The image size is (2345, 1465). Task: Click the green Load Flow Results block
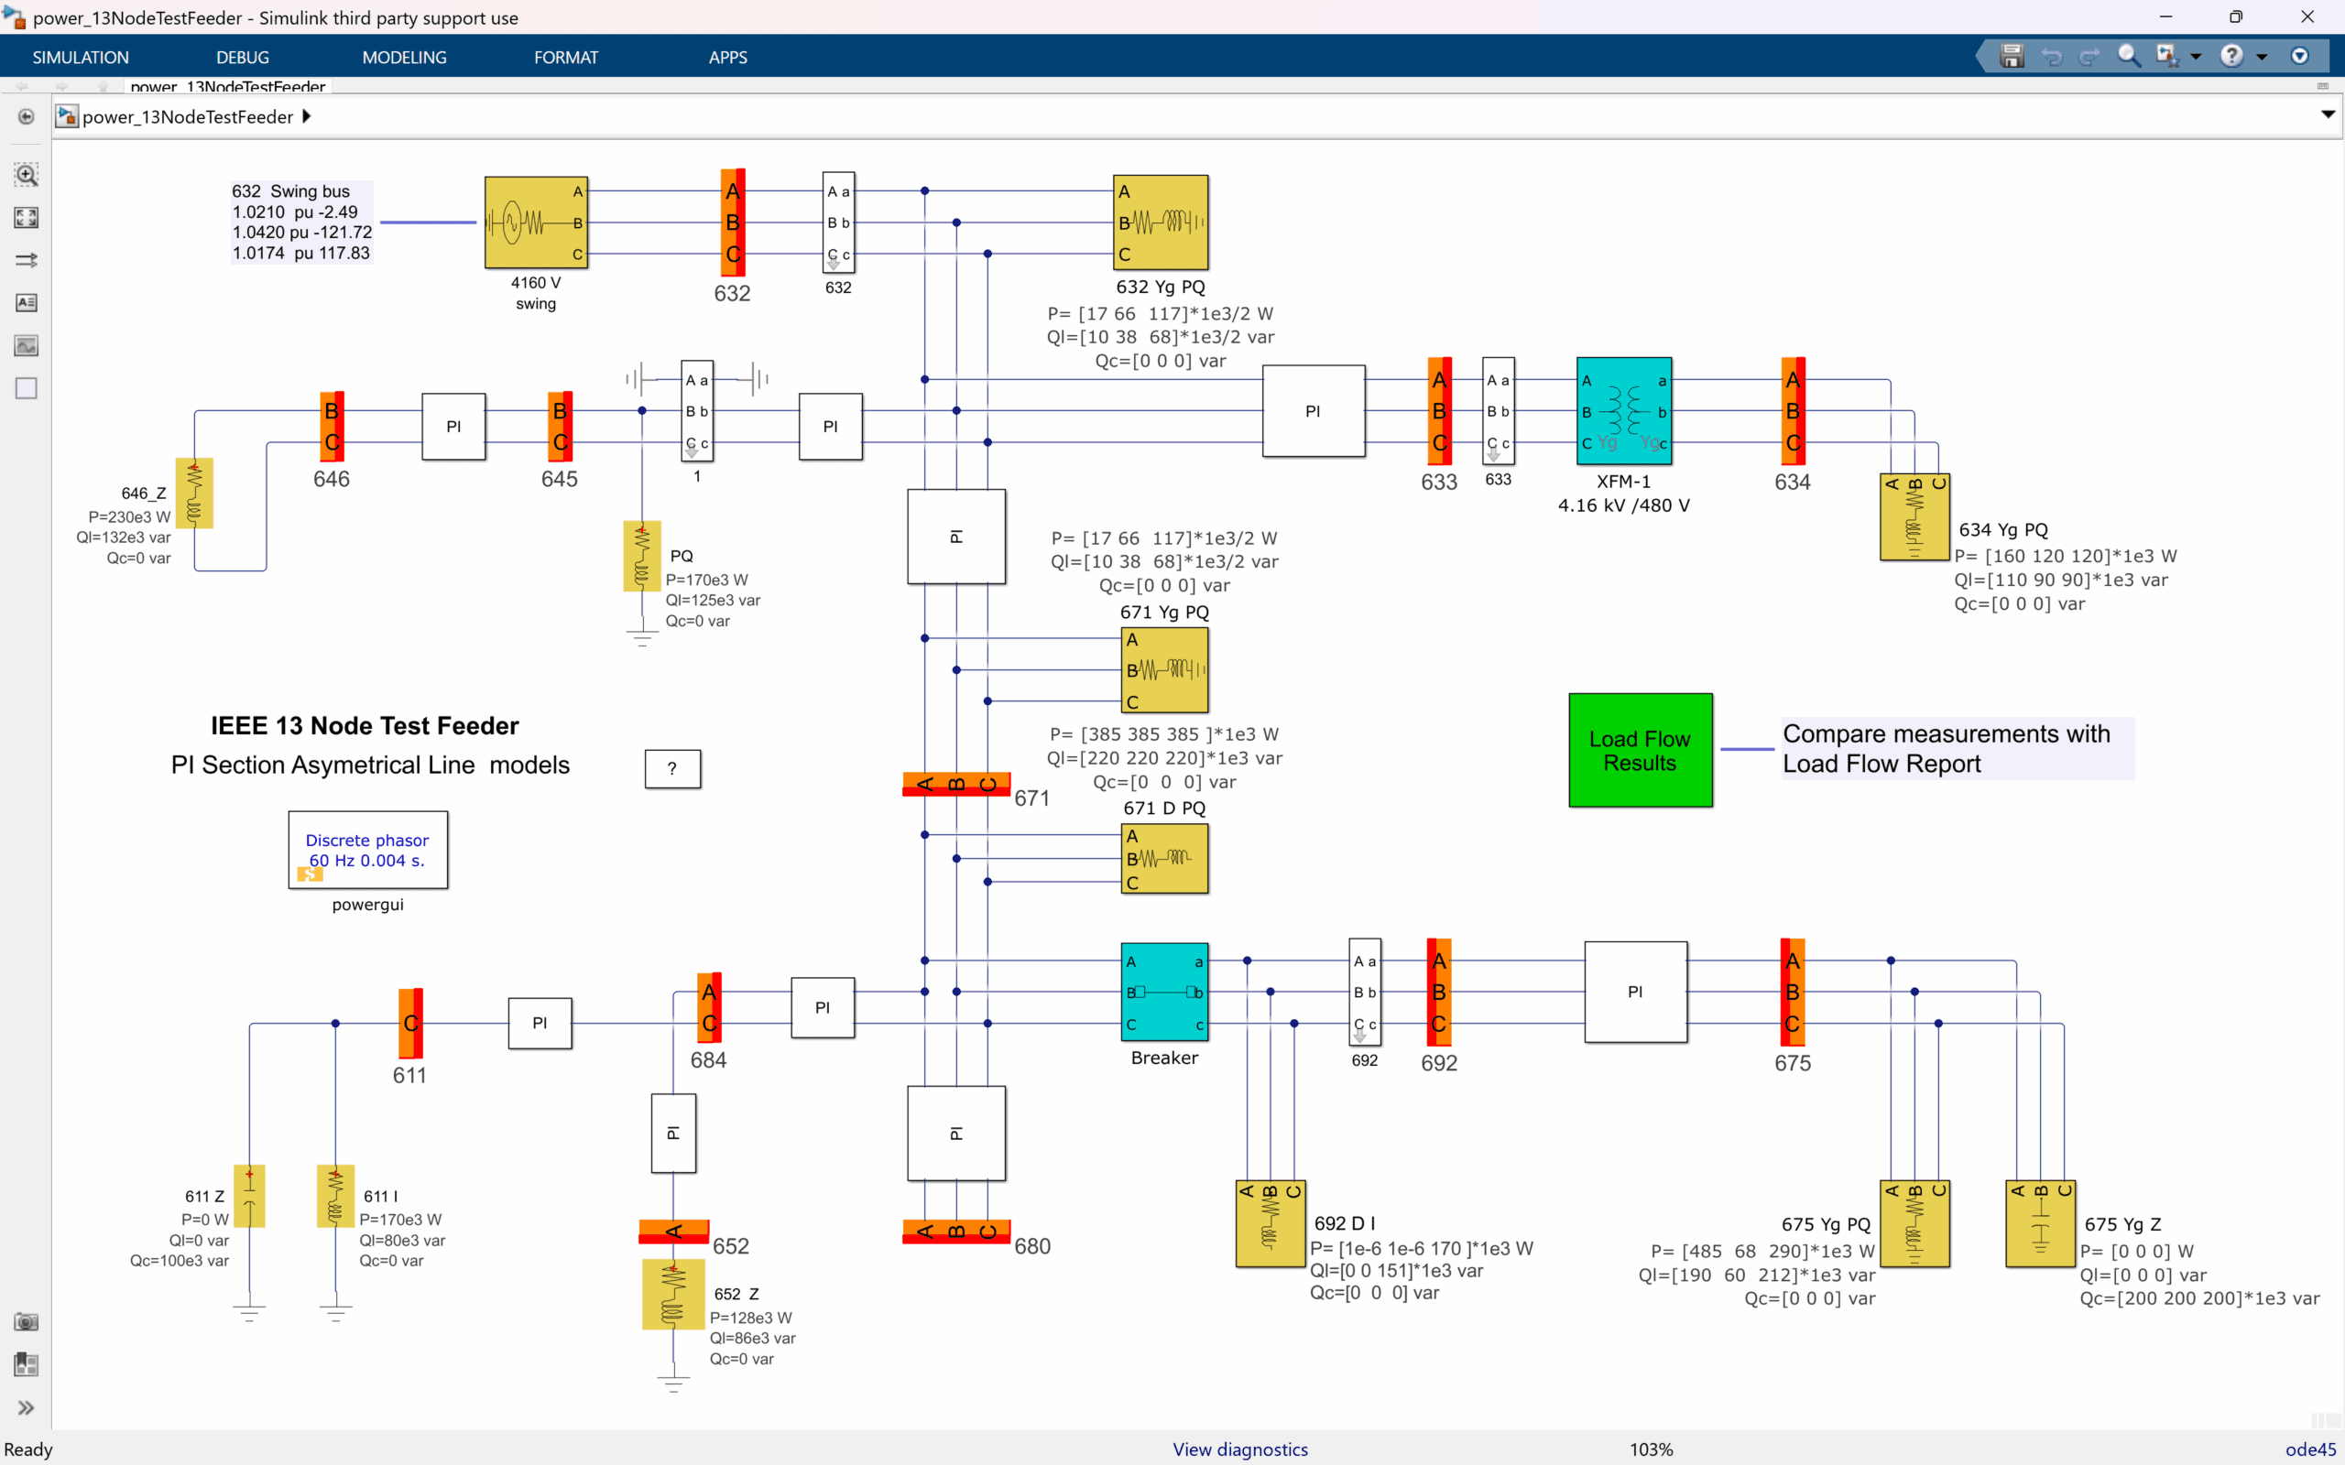tap(1640, 750)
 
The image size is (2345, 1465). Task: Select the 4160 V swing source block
tap(536, 222)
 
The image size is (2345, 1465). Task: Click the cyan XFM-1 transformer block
tap(1623, 411)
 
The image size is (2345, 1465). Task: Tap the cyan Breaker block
tap(1163, 993)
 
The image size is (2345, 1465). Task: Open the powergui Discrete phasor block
tap(367, 850)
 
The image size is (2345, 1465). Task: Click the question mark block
tap(672, 769)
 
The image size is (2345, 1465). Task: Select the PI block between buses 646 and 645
tap(453, 427)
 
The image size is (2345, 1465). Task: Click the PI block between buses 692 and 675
tap(1635, 993)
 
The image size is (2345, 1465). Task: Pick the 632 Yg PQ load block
tap(1161, 222)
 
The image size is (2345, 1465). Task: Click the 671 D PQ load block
tap(1163, 859)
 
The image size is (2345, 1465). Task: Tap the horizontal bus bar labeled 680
tap(955, 1232)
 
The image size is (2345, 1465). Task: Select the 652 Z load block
tap(672, 1295)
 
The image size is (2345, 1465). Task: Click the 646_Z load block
tap(194, 494)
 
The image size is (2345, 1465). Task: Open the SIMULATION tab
tap(81, 57)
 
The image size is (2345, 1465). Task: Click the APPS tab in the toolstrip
tap(727, 57)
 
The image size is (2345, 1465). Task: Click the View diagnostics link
tap(1239, 1449)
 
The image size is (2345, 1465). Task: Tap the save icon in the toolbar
tap(2012, 56)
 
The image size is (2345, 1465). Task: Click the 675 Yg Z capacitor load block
tap(2040, 1224)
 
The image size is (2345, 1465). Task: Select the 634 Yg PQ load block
tap(1914, 517)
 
